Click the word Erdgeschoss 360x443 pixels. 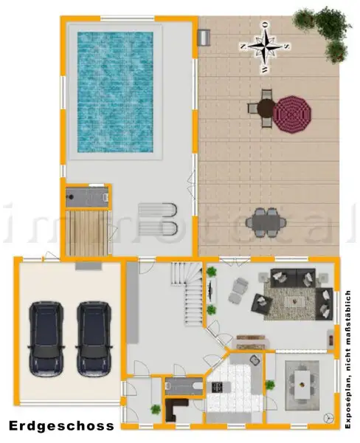62,426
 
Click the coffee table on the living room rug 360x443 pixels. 296,301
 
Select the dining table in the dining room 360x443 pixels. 302,382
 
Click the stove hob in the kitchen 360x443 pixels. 219,386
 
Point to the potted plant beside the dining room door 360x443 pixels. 270,385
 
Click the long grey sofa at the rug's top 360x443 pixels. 294,278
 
